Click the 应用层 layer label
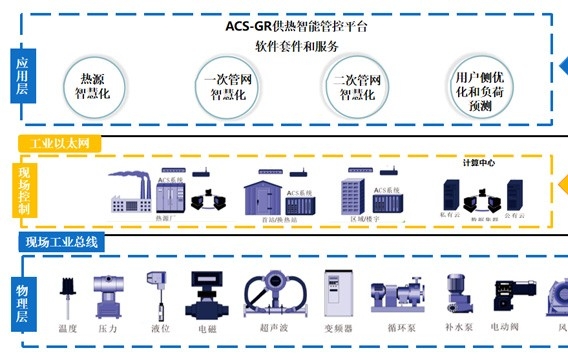click(22, 75)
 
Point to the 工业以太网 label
click(61, 143)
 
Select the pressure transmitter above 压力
click(107, 296)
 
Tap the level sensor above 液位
click(156, 289)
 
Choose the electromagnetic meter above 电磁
click(208, 294)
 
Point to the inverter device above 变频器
click(337, 292)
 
